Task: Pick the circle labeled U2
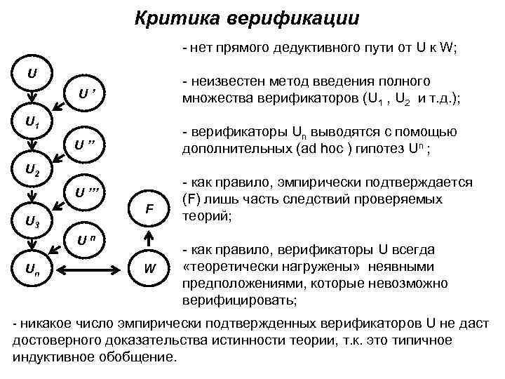tap(32, 169)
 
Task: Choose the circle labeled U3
tap(32, 223)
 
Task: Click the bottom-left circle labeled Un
tap(32, 267)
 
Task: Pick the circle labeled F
tap(149, 209)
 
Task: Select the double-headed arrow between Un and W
tap(91, 267)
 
